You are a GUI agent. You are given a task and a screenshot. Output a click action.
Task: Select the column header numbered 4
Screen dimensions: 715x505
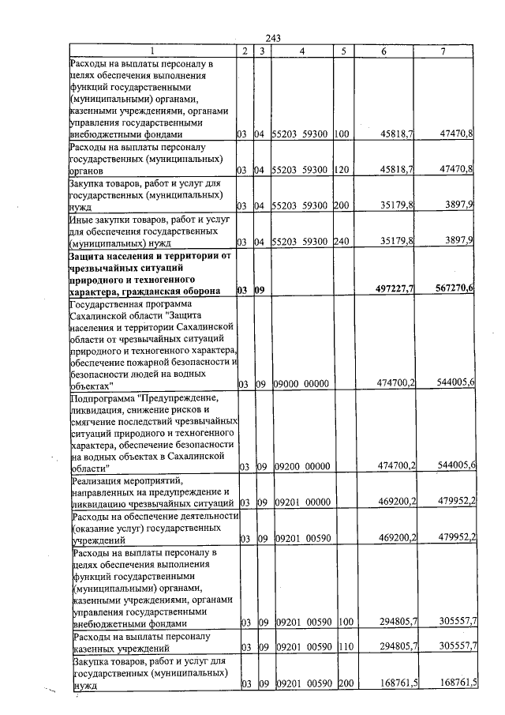302,51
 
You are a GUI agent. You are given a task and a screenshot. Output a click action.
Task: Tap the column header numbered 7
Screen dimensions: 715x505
444,51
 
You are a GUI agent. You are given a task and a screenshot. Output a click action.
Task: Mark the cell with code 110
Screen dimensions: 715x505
342,646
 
